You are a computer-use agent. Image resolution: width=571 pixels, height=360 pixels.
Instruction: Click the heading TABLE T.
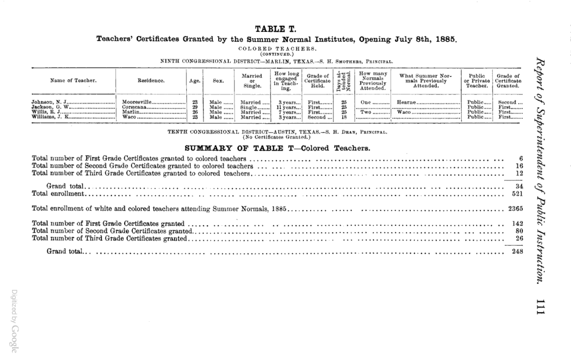tap(275, 29)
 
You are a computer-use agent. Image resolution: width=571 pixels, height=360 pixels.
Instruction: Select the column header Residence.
tap(151, 80)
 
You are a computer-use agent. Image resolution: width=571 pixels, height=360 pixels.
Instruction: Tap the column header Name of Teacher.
tap(73, 80)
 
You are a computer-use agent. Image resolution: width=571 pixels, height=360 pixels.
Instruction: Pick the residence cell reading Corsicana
tap(134, 107)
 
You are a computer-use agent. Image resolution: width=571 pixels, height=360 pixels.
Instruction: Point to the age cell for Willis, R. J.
tap(194, 112)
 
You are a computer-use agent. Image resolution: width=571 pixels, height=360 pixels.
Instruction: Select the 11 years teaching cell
tap(288, 107)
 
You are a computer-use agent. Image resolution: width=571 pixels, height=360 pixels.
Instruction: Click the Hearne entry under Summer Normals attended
tap(406, 102)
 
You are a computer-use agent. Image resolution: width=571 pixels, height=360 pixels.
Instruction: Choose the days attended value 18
tap(343, 117)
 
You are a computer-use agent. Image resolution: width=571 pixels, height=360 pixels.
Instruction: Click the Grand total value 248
tap(517, 252)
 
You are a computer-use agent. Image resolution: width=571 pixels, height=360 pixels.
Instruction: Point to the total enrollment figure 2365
tap(515, 209)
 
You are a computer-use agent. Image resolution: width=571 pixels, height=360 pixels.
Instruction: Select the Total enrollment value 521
tap(517, 194)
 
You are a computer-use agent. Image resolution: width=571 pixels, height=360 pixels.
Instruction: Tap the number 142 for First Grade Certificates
tap(517, 224)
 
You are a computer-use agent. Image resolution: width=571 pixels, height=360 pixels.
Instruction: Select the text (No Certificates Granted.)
tap(277, 137)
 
